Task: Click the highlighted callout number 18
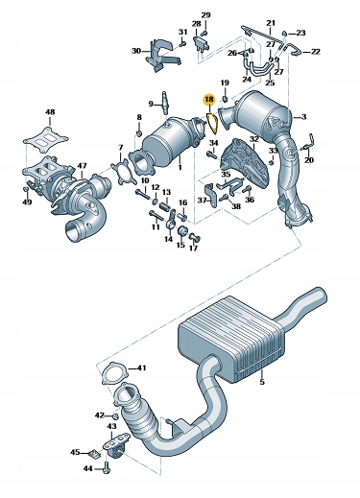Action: tap(208, 100)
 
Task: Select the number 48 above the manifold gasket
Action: tap(50, 112)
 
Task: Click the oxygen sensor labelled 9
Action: tap(165, 103)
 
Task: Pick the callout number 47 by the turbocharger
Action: tap(82, 166)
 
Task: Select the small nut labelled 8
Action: tap(139, 132)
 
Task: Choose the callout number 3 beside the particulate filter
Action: tap(303, 116)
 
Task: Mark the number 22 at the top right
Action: tap(315, 52)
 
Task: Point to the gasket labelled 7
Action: tap(120, 173)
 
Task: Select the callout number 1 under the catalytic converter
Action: tap(180, 167)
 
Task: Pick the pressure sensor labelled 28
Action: tap(201, 42)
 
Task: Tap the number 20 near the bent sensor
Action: tap(309, 160)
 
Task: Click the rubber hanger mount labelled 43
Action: tap(115, 443)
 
